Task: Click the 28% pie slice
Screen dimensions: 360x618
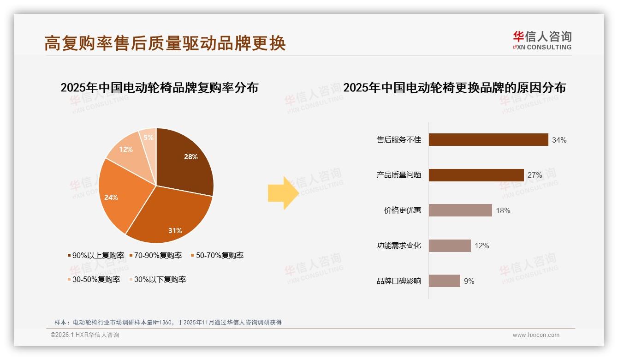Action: point(184,159)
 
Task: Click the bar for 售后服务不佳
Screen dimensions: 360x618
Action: point(488,140)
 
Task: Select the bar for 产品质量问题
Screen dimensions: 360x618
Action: point(476,175)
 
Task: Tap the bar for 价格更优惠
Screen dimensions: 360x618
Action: point(460,210)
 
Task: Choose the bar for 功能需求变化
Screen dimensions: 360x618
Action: point(450,246)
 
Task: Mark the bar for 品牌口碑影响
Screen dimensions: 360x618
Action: point(444,281)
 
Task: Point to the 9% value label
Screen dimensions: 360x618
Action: point(469,281)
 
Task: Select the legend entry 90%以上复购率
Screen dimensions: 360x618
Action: point(95,255)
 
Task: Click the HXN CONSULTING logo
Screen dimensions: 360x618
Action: point(542,41)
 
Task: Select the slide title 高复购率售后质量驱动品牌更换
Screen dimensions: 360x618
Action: point(165,43)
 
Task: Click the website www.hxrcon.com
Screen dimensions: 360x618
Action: point(536,335)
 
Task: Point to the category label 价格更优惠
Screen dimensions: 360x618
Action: point(402,210)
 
